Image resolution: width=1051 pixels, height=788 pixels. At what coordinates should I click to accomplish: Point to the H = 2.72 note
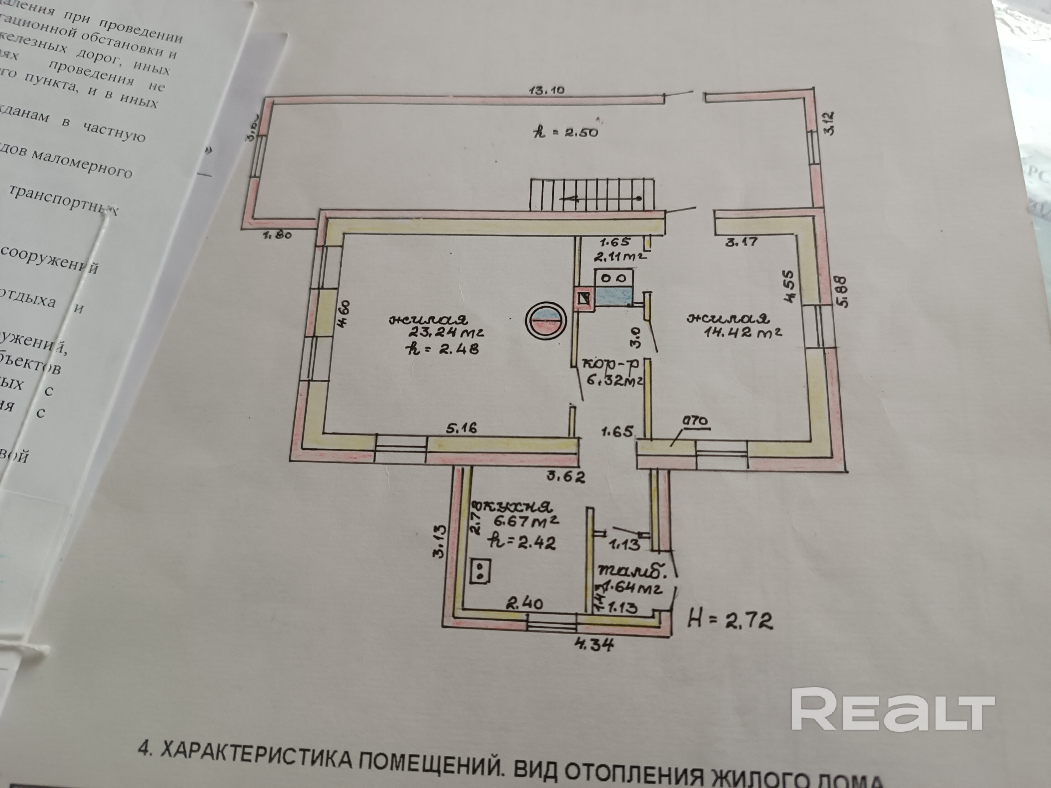tap(729, 620)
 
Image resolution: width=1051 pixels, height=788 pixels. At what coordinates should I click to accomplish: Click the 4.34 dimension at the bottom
tap(594, 645)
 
